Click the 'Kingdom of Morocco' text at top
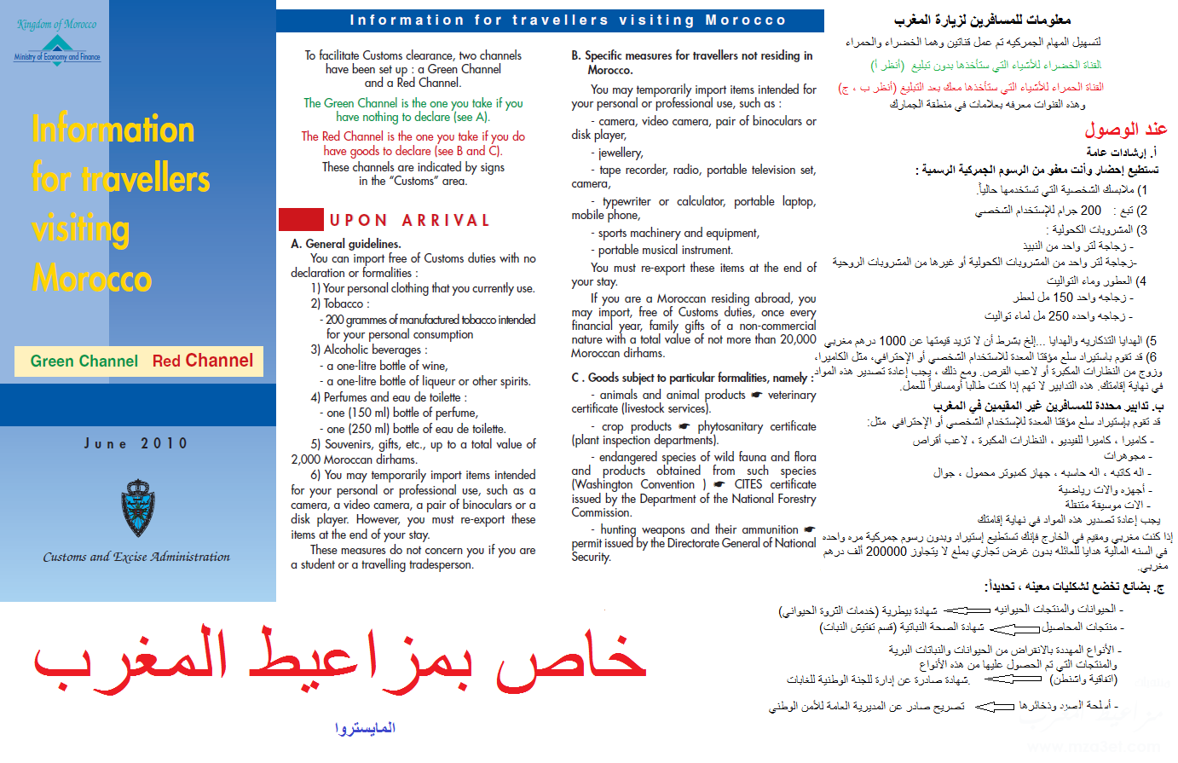(x=56, y=24)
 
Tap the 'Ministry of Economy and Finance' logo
(x=56, y=49)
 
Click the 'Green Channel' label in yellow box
(x=84, y=361)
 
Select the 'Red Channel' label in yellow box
(x=203, y=361)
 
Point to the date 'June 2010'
(x=136, y=443)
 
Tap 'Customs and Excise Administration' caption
(x=136, y=557)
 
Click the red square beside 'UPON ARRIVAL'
(x=300, y=219)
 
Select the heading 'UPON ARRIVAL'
(x=409, y=220)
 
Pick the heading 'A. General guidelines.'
(x=345, y=244)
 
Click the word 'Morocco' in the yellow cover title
(x=92, y=279)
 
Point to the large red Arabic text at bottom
(x=341, y=661)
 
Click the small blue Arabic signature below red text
(x=365, y=728)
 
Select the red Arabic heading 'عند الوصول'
(x=1125, y=129)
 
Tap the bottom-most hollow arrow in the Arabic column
(x=994, y=706)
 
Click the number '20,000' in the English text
(x=797, y=339)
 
